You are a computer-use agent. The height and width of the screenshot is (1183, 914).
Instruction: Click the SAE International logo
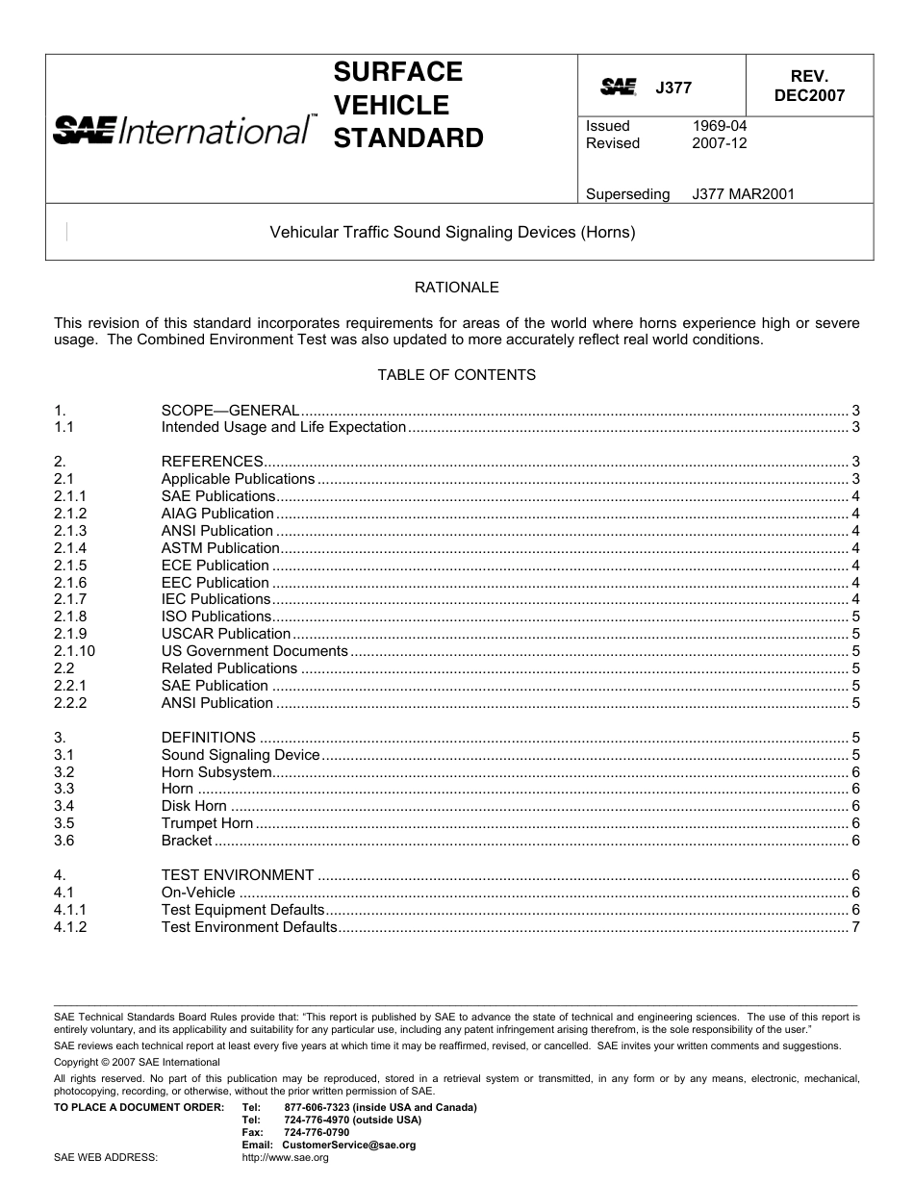(183, 129)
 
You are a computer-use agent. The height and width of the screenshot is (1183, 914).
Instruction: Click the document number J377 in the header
(673, 88)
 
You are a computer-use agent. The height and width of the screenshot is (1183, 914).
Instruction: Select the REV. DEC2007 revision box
(809, 86)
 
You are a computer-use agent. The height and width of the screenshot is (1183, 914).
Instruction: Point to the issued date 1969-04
(719, 126)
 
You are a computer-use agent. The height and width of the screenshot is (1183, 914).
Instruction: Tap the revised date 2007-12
(719, 143)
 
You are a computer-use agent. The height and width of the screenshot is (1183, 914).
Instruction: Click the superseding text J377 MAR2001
(743, 194)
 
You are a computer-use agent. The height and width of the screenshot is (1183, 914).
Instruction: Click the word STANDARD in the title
(408, 138)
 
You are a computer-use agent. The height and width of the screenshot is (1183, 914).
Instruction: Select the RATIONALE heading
(456, 287)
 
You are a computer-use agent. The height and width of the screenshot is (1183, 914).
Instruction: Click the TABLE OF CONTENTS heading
(456, 374)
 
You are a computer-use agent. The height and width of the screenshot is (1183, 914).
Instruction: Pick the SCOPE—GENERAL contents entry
(230, 411)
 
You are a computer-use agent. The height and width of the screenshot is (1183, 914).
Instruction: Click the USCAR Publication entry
(225, 634)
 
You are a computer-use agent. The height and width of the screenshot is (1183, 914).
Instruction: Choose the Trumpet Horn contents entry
(207, 823)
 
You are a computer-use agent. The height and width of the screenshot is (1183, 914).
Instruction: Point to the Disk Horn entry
(193, 806)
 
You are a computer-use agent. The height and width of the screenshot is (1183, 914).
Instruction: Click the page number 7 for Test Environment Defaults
(855, 927)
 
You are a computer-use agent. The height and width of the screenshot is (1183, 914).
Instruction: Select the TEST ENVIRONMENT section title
(237, 875)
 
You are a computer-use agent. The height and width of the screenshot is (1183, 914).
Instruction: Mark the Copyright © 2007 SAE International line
(137, 1062)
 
